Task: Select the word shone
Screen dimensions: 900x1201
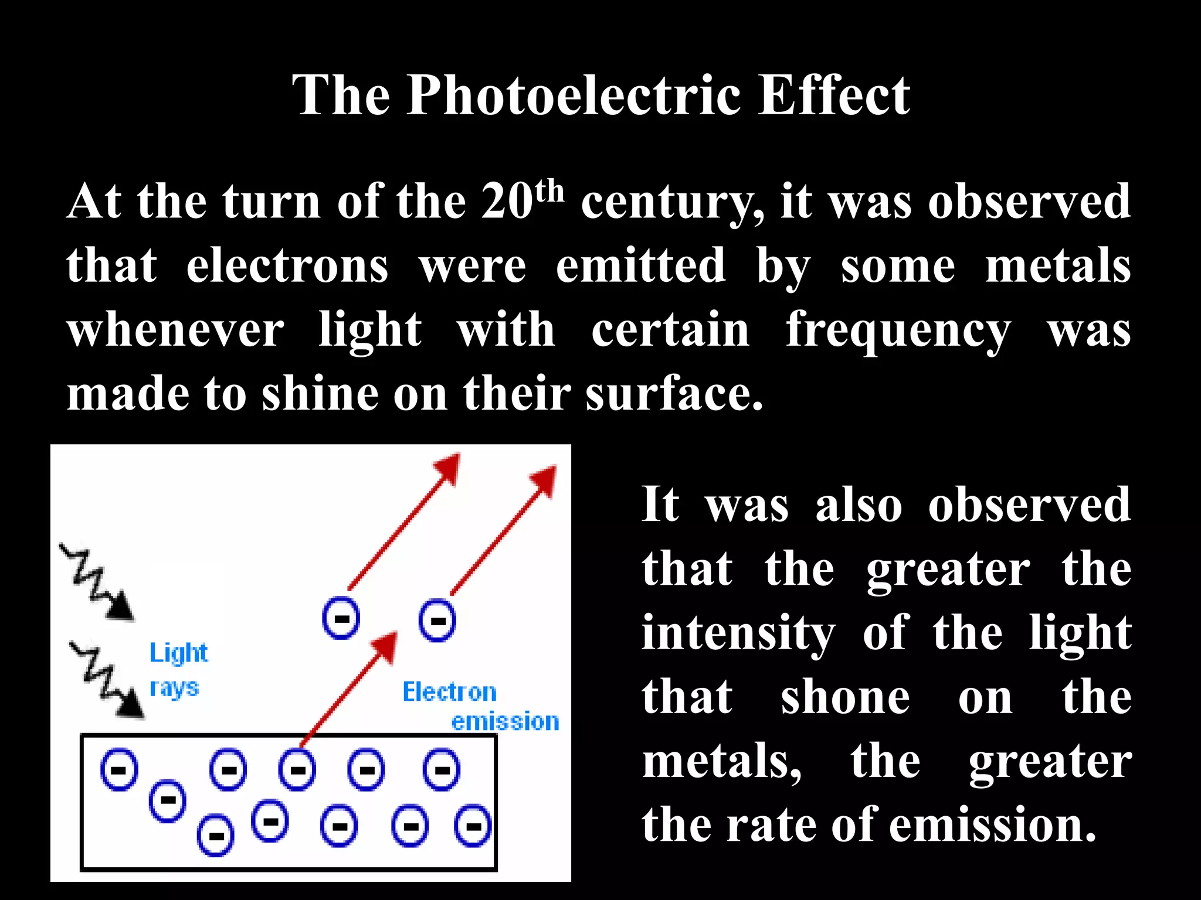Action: (x=845, y=698)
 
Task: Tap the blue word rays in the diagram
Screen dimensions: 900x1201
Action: (x=174, y=688)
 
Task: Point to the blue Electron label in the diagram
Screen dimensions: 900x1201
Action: (x=449, y=693)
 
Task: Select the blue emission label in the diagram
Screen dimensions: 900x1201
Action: (x=505, y=722)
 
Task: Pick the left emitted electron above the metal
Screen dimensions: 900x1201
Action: (x=341, y=619)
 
